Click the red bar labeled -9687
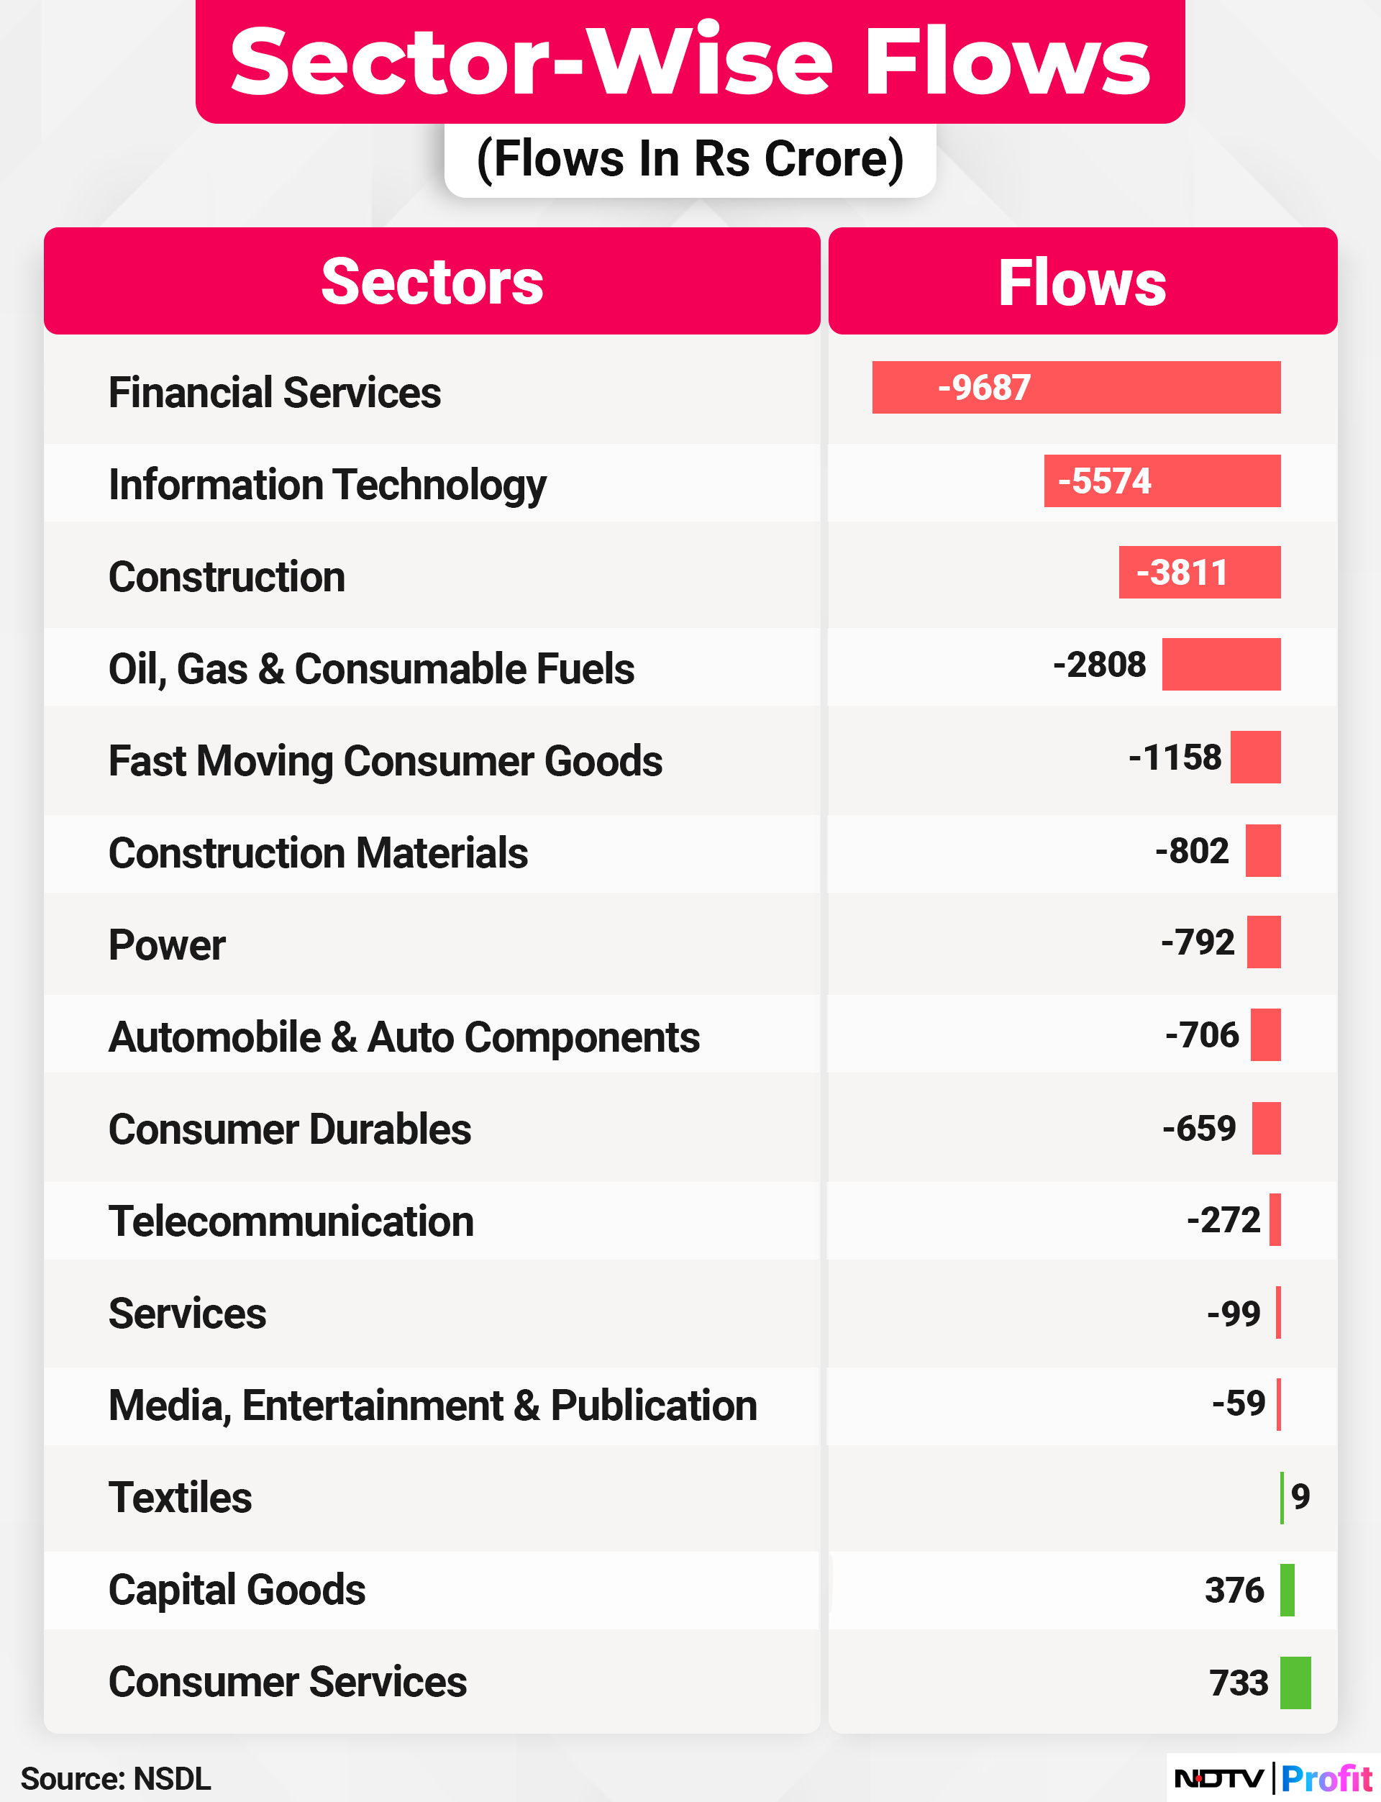[1075, 387]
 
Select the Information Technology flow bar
[1162, 481]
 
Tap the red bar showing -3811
[1198, 572]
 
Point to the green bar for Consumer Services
[1295, 1683]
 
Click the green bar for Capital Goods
[1287, 1590]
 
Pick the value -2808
[1099, 664]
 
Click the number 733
[1239, 1683]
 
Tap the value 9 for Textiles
[1300, 1496]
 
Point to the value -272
[1223, 1220]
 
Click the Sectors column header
[432, 281]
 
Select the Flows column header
[1082, 281]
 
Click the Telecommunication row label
[291, 1221]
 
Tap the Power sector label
[167, 945]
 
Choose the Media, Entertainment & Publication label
[432, 1405]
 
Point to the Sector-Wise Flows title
[690, 62]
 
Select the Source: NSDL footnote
[116, 1778]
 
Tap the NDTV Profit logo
[1272, 1778]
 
